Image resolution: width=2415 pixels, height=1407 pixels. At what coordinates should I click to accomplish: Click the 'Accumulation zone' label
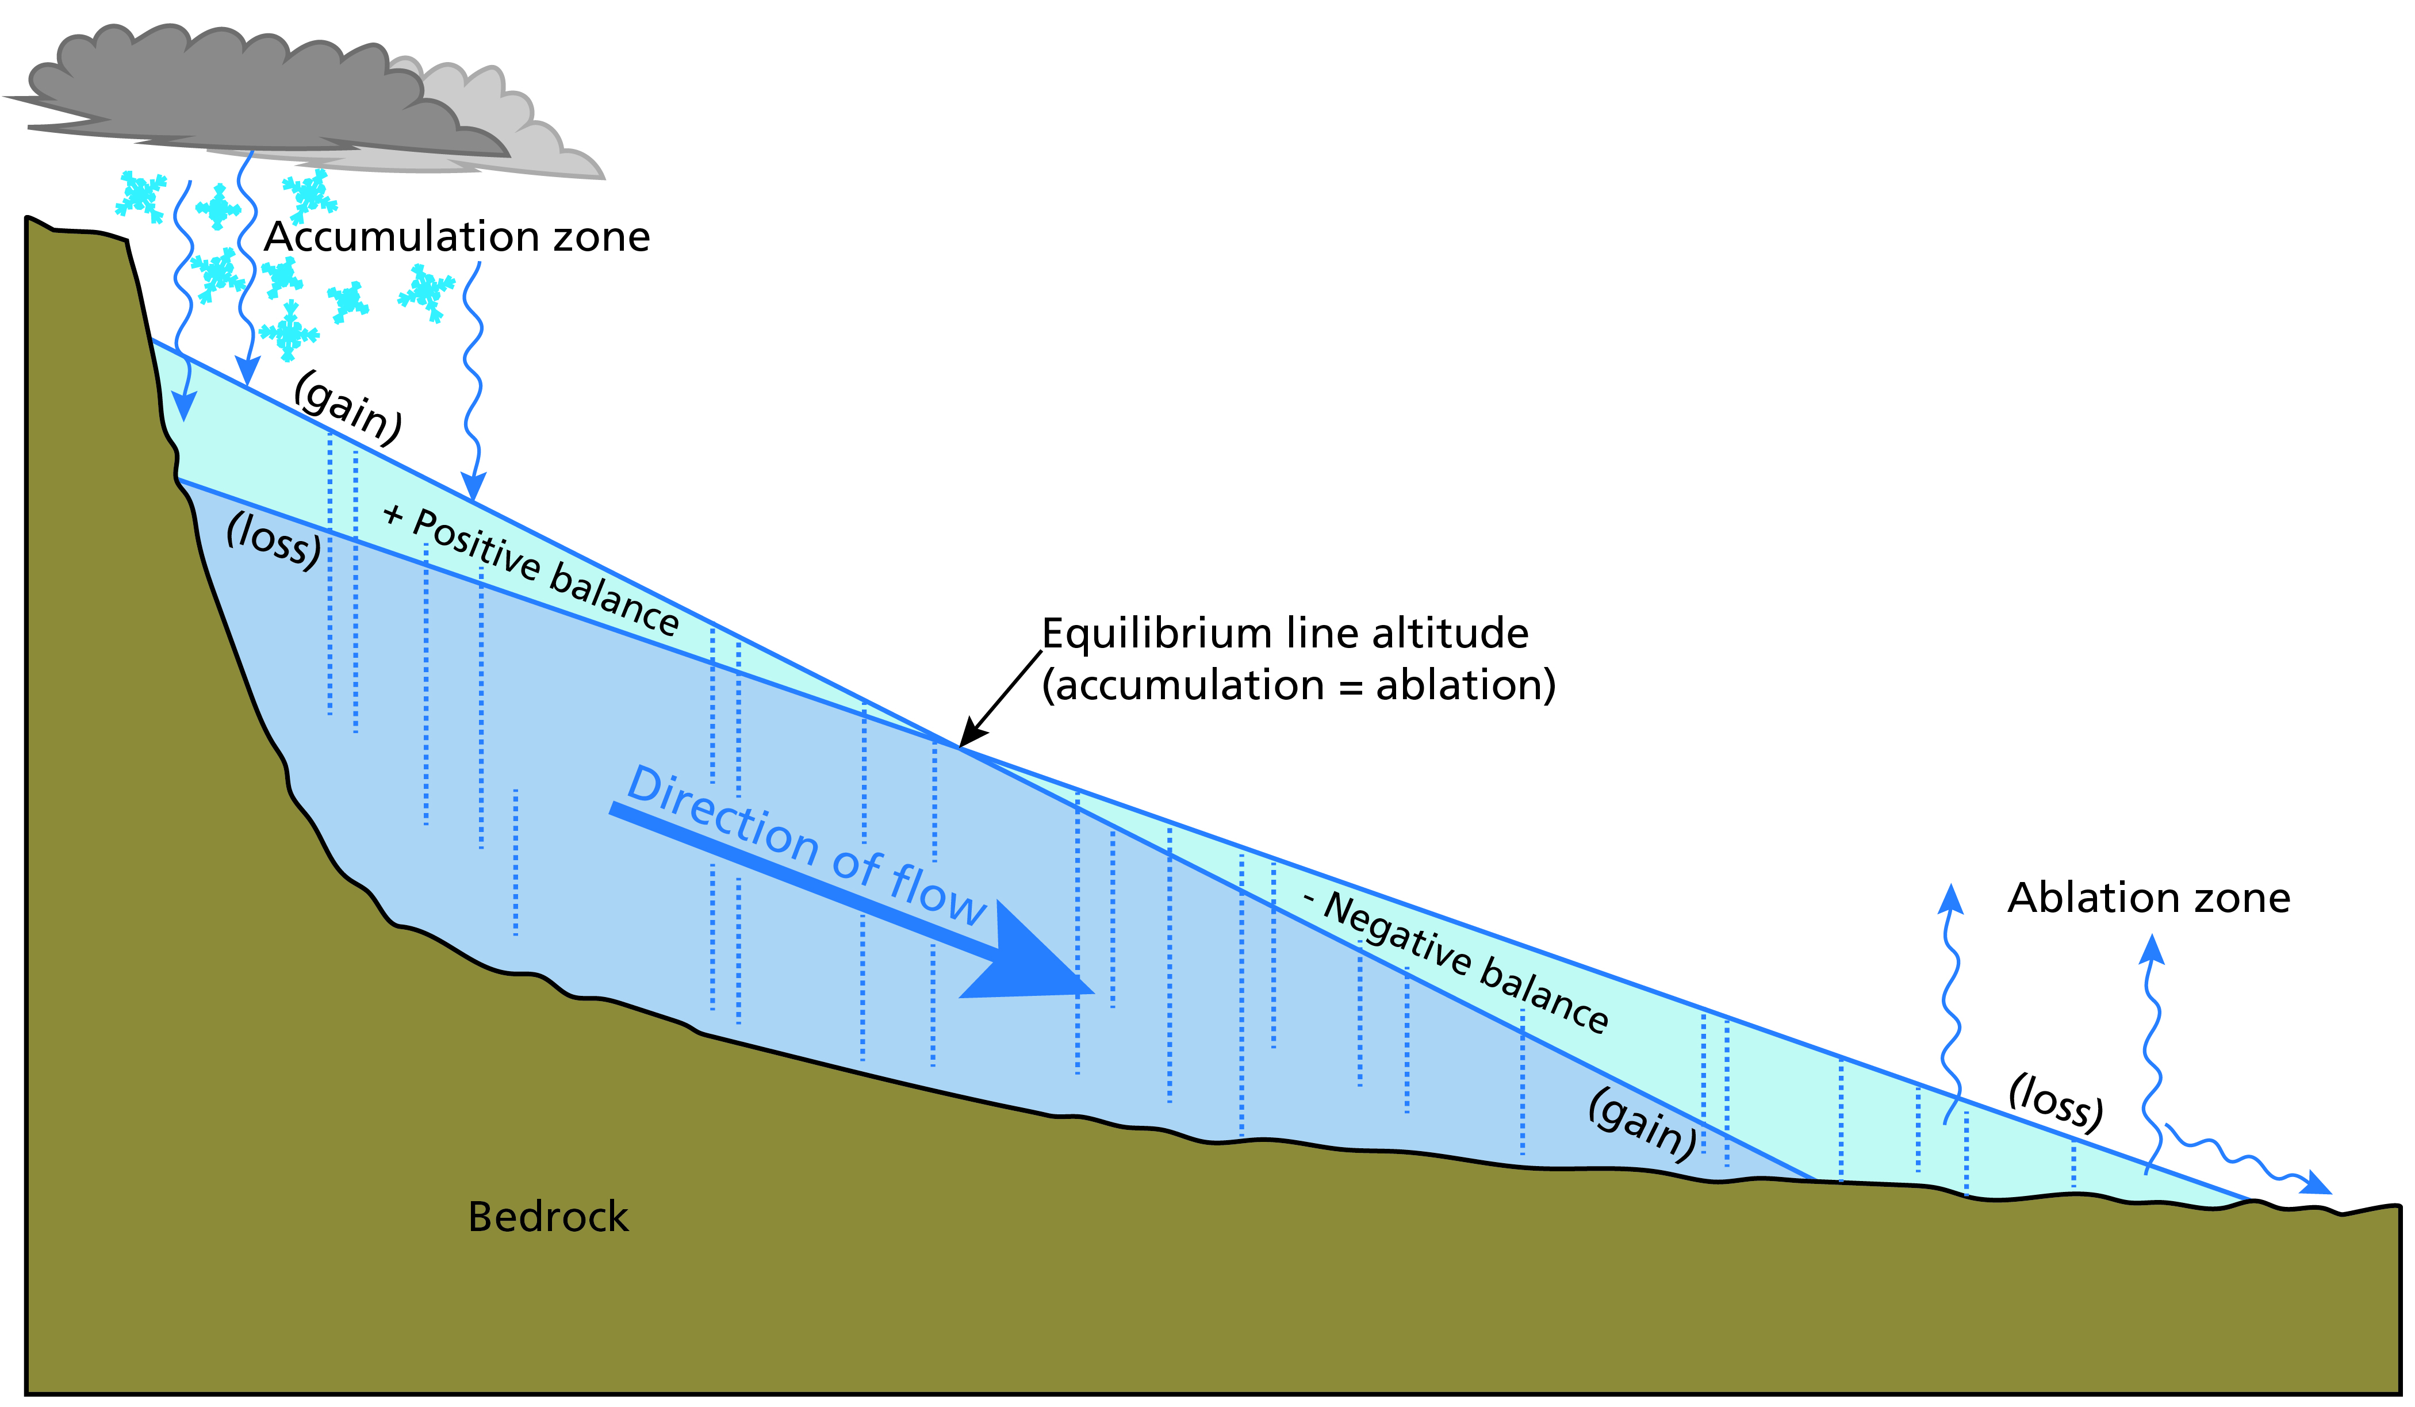(x=457, y=237)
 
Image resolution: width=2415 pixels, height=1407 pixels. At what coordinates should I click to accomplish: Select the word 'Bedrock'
(x=547, y=1217)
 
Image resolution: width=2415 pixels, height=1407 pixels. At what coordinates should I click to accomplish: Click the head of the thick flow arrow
(x=1035, y=959)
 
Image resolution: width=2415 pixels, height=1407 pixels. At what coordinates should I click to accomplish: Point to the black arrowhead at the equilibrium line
(x=971, y=733)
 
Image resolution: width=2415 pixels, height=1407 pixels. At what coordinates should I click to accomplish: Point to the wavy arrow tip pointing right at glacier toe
(x=2319, y=1184)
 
